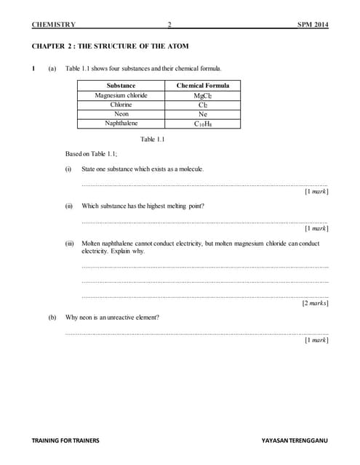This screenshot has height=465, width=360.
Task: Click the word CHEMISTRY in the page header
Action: coord(54,25)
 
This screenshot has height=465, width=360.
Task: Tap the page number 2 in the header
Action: coord(169,25)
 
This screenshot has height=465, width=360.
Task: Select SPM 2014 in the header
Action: coord(313,25)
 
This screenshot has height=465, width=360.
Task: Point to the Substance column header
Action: coord(121,86)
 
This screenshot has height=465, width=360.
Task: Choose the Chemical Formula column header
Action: coord(203,86)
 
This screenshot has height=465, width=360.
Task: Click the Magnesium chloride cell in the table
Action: coord(121,95)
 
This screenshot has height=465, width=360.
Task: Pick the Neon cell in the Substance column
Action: coord(121,114)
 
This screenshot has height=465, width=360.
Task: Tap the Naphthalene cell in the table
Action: coord(121,124)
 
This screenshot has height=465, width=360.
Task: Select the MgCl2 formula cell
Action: coord(203,95)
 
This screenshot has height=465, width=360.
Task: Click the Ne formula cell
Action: coord(203,114)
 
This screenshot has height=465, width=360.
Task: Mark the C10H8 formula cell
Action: coord(203,124)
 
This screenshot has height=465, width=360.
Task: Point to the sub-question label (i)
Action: coord(68,169)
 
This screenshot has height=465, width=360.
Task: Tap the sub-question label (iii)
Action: coord(70,243)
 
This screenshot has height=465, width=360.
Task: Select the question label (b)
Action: coord(52,318)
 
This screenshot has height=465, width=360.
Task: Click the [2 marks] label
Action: coord(315,304)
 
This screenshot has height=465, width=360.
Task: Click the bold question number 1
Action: coord(33,68)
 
